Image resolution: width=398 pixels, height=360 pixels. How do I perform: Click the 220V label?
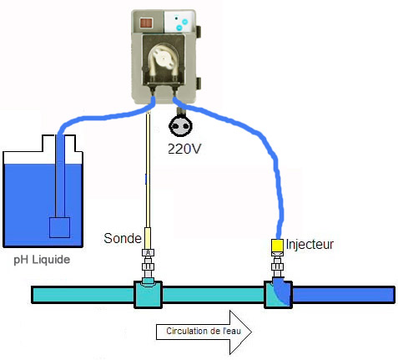(184, 149)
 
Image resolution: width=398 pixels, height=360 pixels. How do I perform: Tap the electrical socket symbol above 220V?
(180, 126)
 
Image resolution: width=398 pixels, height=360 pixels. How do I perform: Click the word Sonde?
(123, 238)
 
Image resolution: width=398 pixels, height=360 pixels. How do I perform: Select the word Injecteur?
(310, 244)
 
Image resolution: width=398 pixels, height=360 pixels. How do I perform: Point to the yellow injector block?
(277, 246)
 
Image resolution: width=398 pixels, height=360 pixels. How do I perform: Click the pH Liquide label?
(42, 260)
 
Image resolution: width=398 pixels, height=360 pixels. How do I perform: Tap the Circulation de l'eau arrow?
(204, 332)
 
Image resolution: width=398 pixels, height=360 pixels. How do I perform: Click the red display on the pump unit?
(146, 23)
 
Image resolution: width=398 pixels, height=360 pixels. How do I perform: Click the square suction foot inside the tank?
(59, 227)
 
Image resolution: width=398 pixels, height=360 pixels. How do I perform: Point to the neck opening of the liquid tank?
(58, 143)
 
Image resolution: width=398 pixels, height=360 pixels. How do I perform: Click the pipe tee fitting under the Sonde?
(148, 294)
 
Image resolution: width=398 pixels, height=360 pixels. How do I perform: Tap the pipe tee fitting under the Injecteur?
(278, 294)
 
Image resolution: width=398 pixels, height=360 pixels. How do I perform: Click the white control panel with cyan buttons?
(179, 22)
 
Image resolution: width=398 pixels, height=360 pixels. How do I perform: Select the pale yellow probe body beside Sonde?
(148, 238)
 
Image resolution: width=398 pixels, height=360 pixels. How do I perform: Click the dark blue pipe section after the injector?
(344, 295)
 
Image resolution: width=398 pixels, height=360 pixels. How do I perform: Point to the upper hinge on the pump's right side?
(199, 33)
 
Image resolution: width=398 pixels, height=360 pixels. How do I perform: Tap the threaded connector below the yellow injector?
(277, 265)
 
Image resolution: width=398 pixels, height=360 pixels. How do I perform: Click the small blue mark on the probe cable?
(145, 179)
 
